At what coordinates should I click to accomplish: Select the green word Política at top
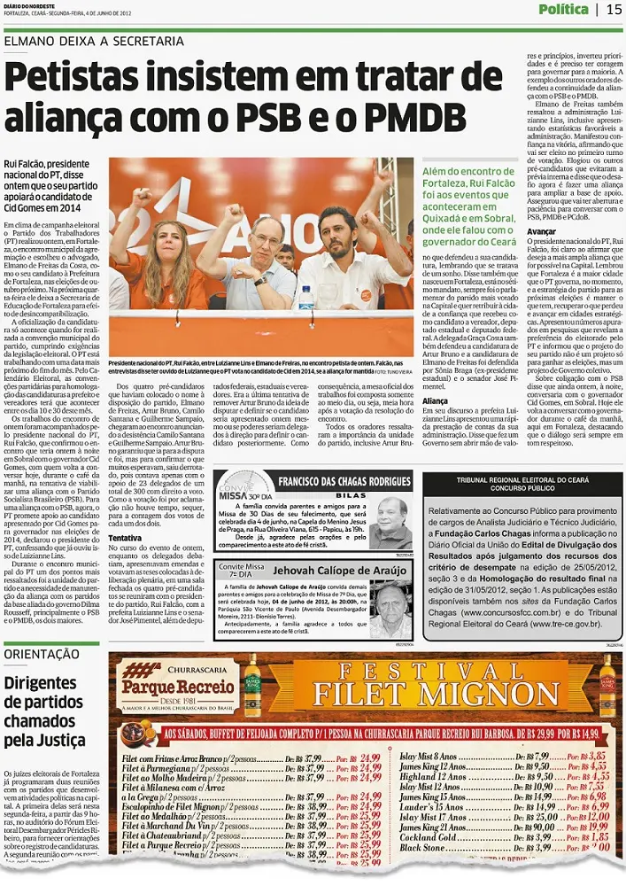563,10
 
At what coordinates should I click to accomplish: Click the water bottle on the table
306,298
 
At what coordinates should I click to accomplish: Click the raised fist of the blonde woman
142,198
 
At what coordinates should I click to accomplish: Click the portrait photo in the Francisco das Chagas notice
391,522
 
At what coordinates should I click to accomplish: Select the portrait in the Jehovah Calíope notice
390,610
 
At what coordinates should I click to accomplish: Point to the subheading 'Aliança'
436,400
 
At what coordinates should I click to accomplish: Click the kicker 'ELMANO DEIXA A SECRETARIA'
95,41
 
